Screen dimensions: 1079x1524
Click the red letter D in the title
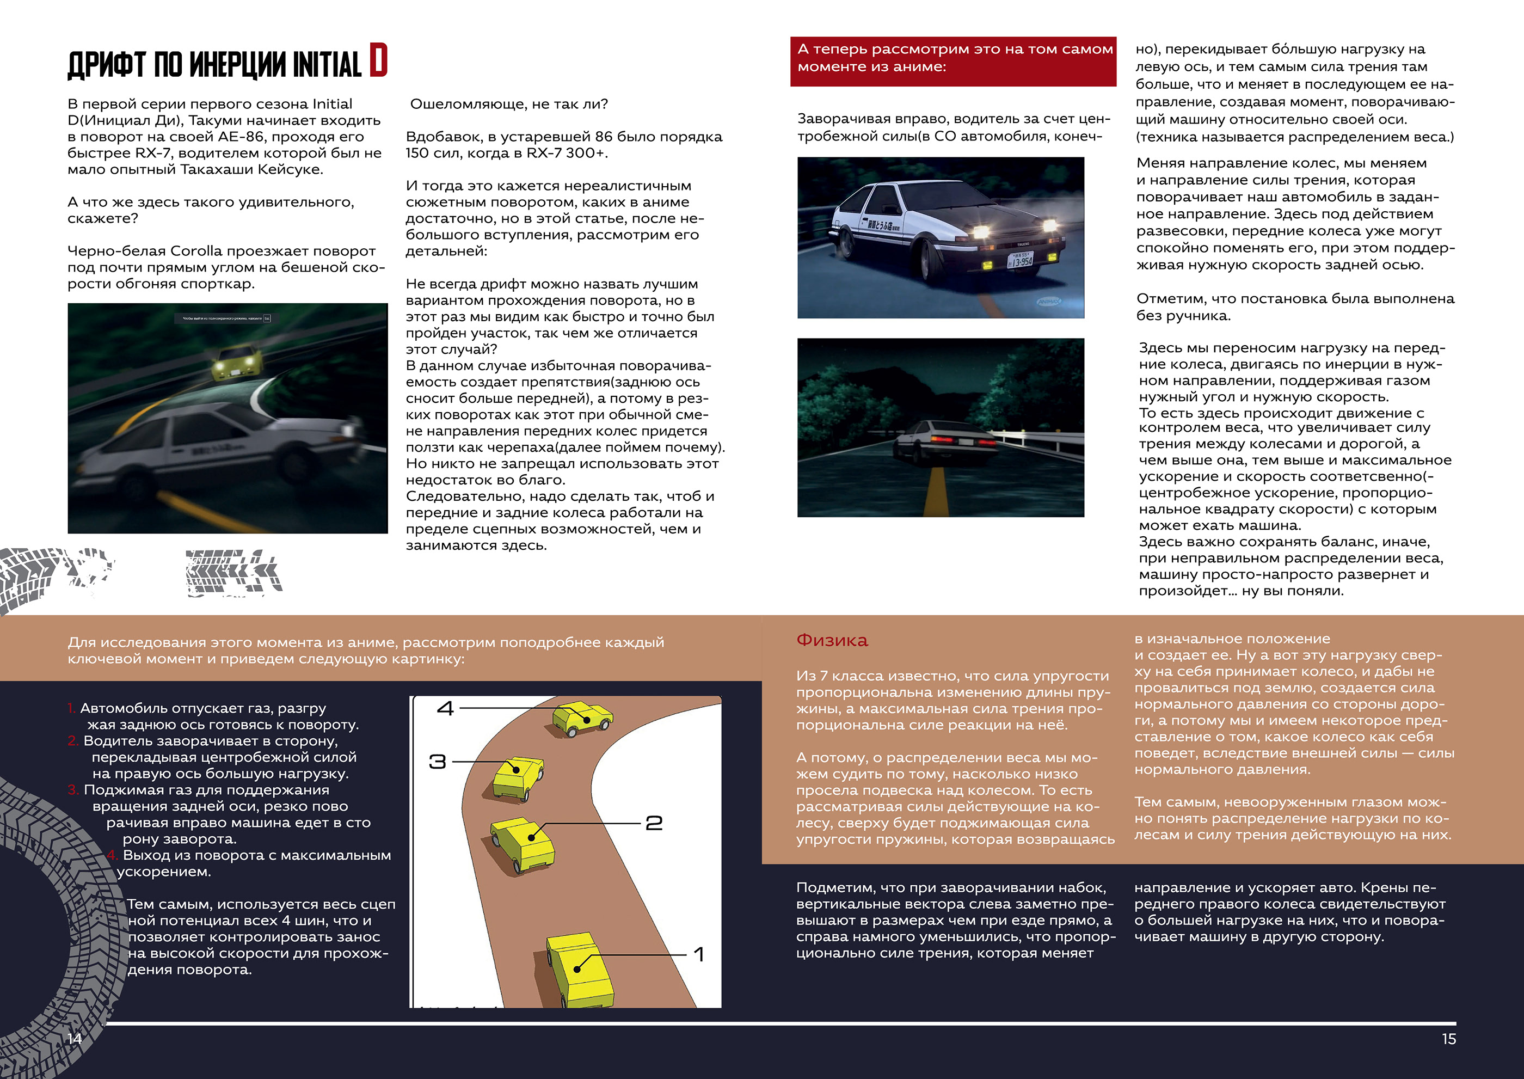click(x=378, y=60)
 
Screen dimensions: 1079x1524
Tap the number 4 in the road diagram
click(x=445, y=708)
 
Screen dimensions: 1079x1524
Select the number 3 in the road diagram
click(x=437, y=762)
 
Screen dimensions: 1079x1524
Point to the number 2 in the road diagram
click(x=654, y=823)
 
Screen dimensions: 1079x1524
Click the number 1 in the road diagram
click(x=699, y=955)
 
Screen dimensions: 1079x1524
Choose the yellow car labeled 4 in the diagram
click(x=582, y=718)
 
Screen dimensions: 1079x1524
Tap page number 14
click(x=75, y=1039)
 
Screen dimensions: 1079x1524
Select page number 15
click(x=1449, y=1039)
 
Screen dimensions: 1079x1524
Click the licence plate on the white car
click(x=1021, y=260)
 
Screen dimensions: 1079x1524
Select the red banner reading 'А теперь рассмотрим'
click(x=952, y=60)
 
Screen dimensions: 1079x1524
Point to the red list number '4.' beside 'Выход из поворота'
click(x=112, y=855)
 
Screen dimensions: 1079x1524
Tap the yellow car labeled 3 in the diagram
click(x=518, y=777)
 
